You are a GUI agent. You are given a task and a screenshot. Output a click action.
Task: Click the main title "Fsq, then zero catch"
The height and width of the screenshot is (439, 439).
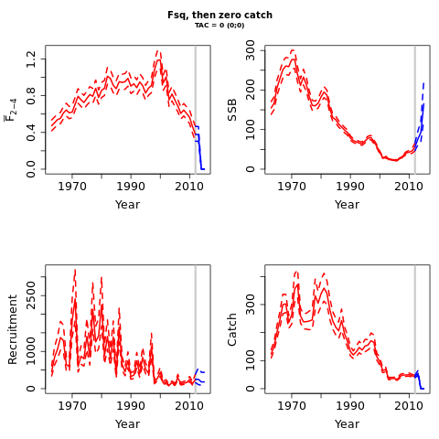click(x=219, y=15)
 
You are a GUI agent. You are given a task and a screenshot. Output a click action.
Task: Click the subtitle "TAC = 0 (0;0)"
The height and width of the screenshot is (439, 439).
click(x=219, y=26)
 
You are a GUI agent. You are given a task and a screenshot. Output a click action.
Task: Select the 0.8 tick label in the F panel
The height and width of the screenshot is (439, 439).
click(x=31, y=95)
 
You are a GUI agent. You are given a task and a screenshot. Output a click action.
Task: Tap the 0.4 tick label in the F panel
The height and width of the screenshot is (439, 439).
click(x=31, y=133)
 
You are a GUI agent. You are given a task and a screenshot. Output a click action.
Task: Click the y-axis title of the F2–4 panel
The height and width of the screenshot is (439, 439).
click(x=11, y=110)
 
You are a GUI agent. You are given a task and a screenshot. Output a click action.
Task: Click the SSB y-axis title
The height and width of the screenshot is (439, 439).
click(x=232, y=110)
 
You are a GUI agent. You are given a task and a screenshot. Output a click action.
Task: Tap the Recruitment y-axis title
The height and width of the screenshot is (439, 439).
click(x=13, y=329)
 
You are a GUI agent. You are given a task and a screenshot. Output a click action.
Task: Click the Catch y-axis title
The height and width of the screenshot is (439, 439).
click(x=232, y=329)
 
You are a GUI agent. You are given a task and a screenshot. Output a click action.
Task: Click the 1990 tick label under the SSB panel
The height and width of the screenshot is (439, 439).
click(x=350, y=187)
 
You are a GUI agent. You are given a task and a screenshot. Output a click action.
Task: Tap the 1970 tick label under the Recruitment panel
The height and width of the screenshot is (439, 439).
click(x=72, y=406)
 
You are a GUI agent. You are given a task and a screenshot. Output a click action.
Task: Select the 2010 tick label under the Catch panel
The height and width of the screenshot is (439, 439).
click(x=409, y=406)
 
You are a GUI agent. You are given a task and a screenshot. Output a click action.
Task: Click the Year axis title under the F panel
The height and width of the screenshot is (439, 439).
click(x=127, y=205)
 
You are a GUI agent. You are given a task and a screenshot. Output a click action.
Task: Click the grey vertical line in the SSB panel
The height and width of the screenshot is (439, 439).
click(x=415, y=110)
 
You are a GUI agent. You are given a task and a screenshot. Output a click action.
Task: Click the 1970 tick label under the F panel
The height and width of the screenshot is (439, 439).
click(x=72, y=187)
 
